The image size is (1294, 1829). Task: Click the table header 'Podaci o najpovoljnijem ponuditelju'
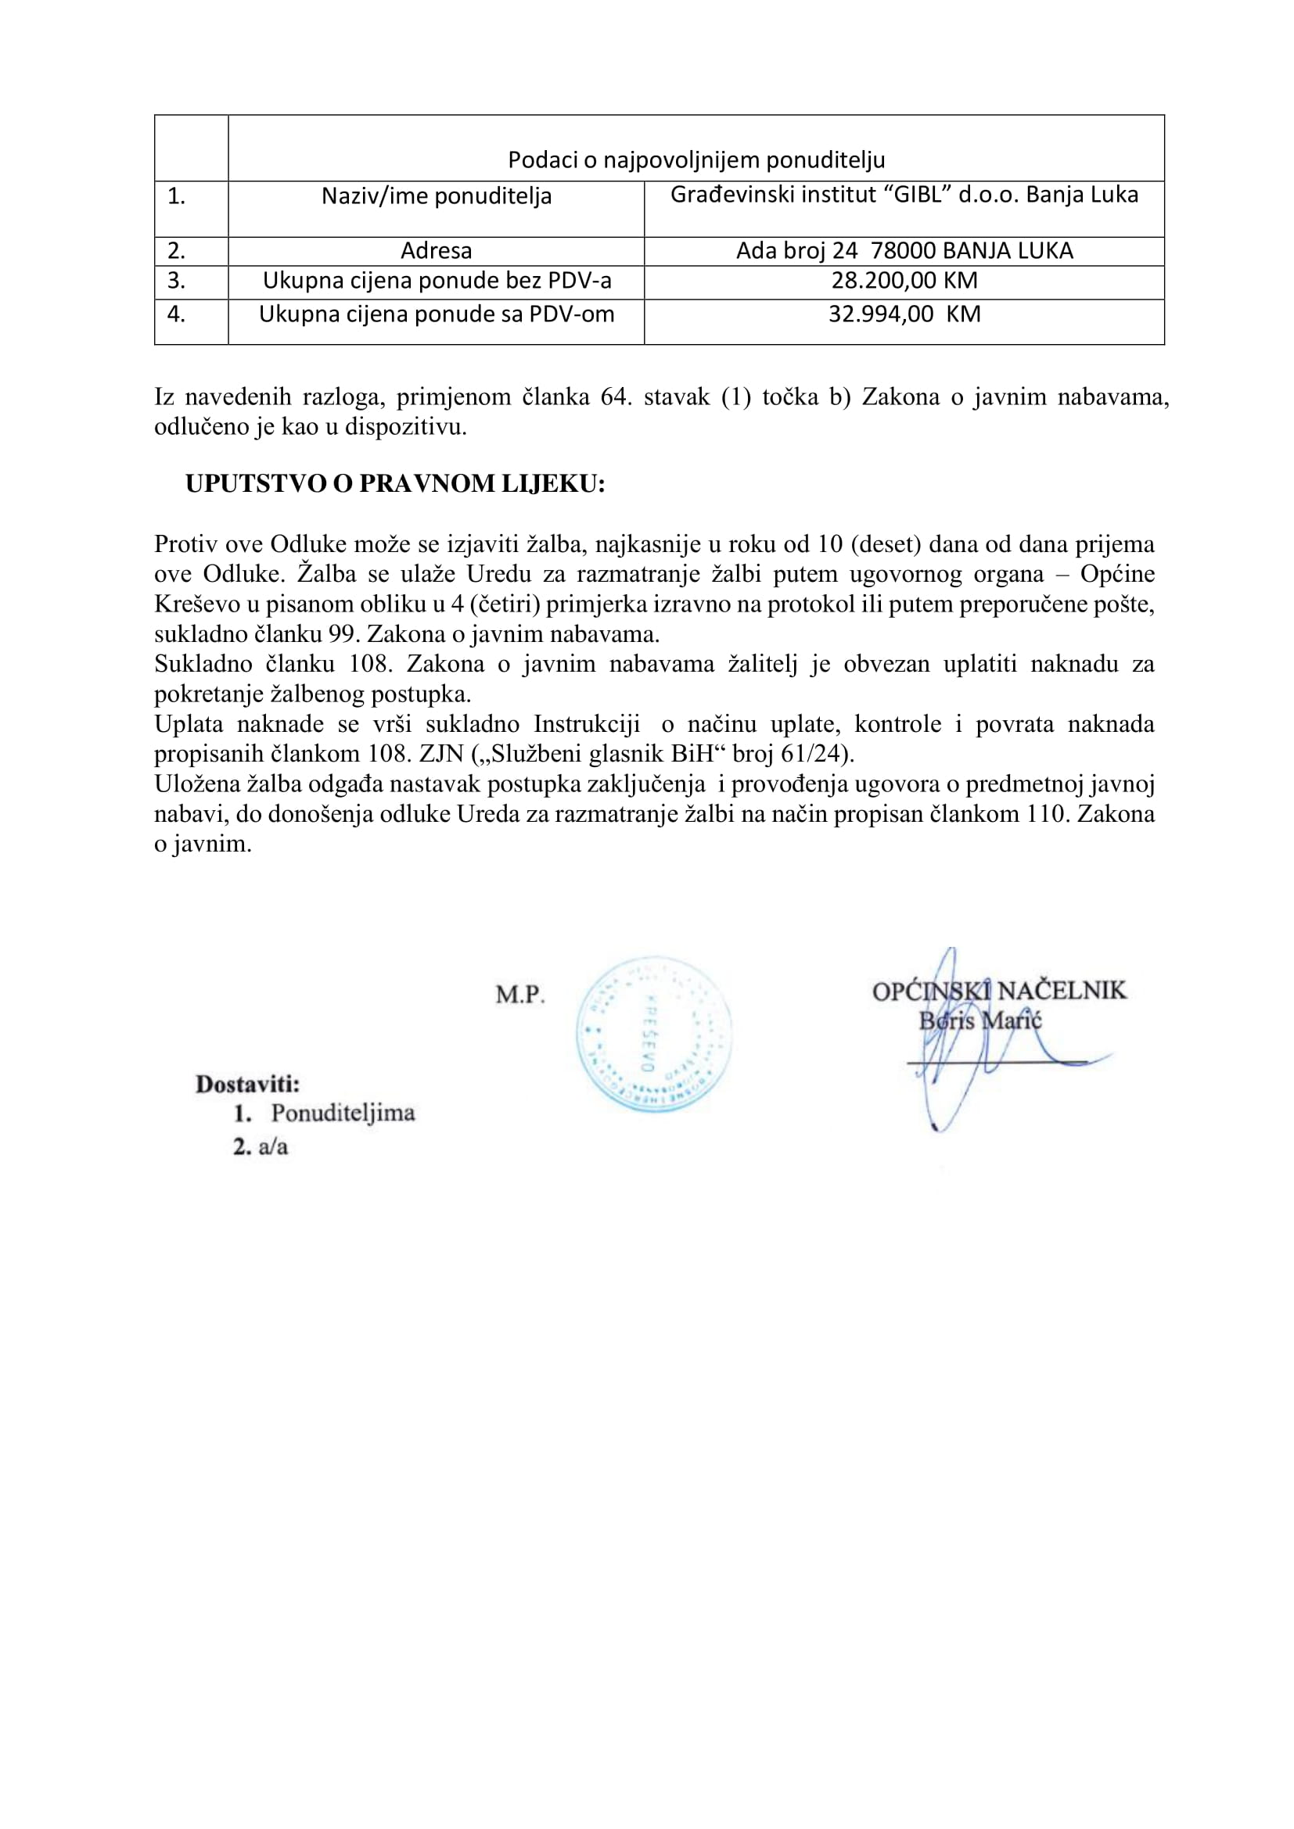tap(696, 161)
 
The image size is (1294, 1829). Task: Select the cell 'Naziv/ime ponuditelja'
tap(436, 196)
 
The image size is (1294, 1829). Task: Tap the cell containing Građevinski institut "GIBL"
tap(904, 195)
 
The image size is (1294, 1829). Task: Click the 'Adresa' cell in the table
tap(436, 251)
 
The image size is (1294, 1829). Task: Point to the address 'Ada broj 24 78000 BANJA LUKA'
tap(904, 251)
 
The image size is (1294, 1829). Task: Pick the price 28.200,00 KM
tap(904, 281)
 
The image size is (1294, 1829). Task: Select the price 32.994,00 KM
tap(904, 314)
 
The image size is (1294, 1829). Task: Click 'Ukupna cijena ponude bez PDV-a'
tap(436, 281)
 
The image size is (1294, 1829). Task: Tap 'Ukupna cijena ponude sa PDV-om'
tap(436, 314)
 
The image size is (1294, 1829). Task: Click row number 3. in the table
tap(176, 281)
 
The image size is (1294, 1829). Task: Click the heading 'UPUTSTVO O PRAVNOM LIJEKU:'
tap(395, 484)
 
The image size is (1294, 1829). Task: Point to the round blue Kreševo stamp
tap(653, 1034)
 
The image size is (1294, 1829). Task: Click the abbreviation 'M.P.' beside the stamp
tap(520, 995)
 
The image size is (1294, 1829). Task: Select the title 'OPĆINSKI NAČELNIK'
tap(999, 991)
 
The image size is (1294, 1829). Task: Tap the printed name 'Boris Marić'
tap(980, 1020)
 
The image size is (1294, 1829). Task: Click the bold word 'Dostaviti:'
tap(248, 1084)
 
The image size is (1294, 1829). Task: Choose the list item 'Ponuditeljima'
tap(343, 1113)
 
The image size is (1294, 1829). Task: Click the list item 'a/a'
tap(272, 1147)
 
